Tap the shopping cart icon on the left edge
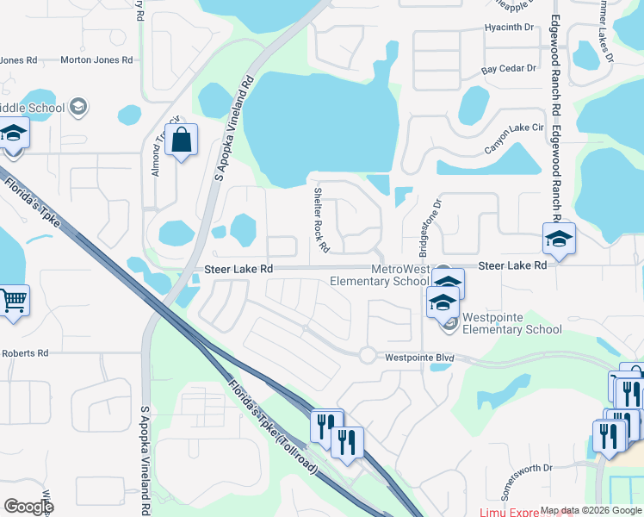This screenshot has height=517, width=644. click(x=14, y=302)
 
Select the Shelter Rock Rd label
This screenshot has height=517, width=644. click(x=321, y=220)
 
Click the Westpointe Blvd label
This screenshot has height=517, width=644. click(x=418, y=357)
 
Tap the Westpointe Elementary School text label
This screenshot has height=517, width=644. click(x=511, y=323)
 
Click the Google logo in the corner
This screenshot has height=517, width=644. click(x=29, y=507)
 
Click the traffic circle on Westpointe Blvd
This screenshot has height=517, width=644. click(x=367, y=354)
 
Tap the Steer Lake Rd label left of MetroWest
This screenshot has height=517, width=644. click(x=238, y=270)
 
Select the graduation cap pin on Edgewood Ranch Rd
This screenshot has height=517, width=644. click(x=558, y=239)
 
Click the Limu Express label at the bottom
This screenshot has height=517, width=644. click(x=508, y=513)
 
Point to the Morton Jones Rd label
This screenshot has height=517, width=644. click(x=96, y=61)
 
